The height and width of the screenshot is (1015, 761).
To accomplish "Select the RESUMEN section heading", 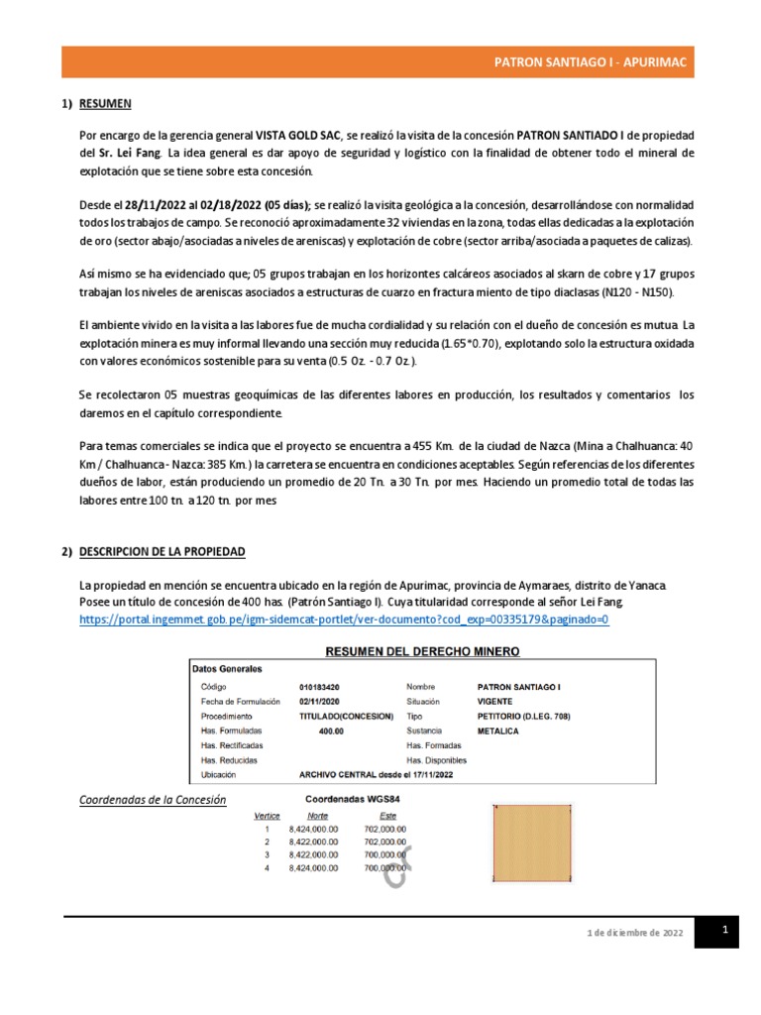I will tap(105, 104).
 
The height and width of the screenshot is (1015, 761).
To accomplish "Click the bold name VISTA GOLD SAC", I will tap(299, 134).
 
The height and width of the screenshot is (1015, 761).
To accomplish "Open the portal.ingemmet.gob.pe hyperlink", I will tap(343, 620).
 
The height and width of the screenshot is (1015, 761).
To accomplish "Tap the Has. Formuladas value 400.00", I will tap(331, 731).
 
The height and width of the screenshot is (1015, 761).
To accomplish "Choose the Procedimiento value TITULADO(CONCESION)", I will tap(346, 716).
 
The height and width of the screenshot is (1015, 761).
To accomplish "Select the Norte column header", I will tap(318, 815).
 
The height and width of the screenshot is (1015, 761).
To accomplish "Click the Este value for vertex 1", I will tap(384, 828).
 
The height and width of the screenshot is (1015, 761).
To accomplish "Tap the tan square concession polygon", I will tap(533, 844).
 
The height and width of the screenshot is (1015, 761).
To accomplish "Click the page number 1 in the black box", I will tap(724, 930).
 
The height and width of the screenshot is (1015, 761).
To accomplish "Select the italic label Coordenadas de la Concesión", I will tap(153, 800).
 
